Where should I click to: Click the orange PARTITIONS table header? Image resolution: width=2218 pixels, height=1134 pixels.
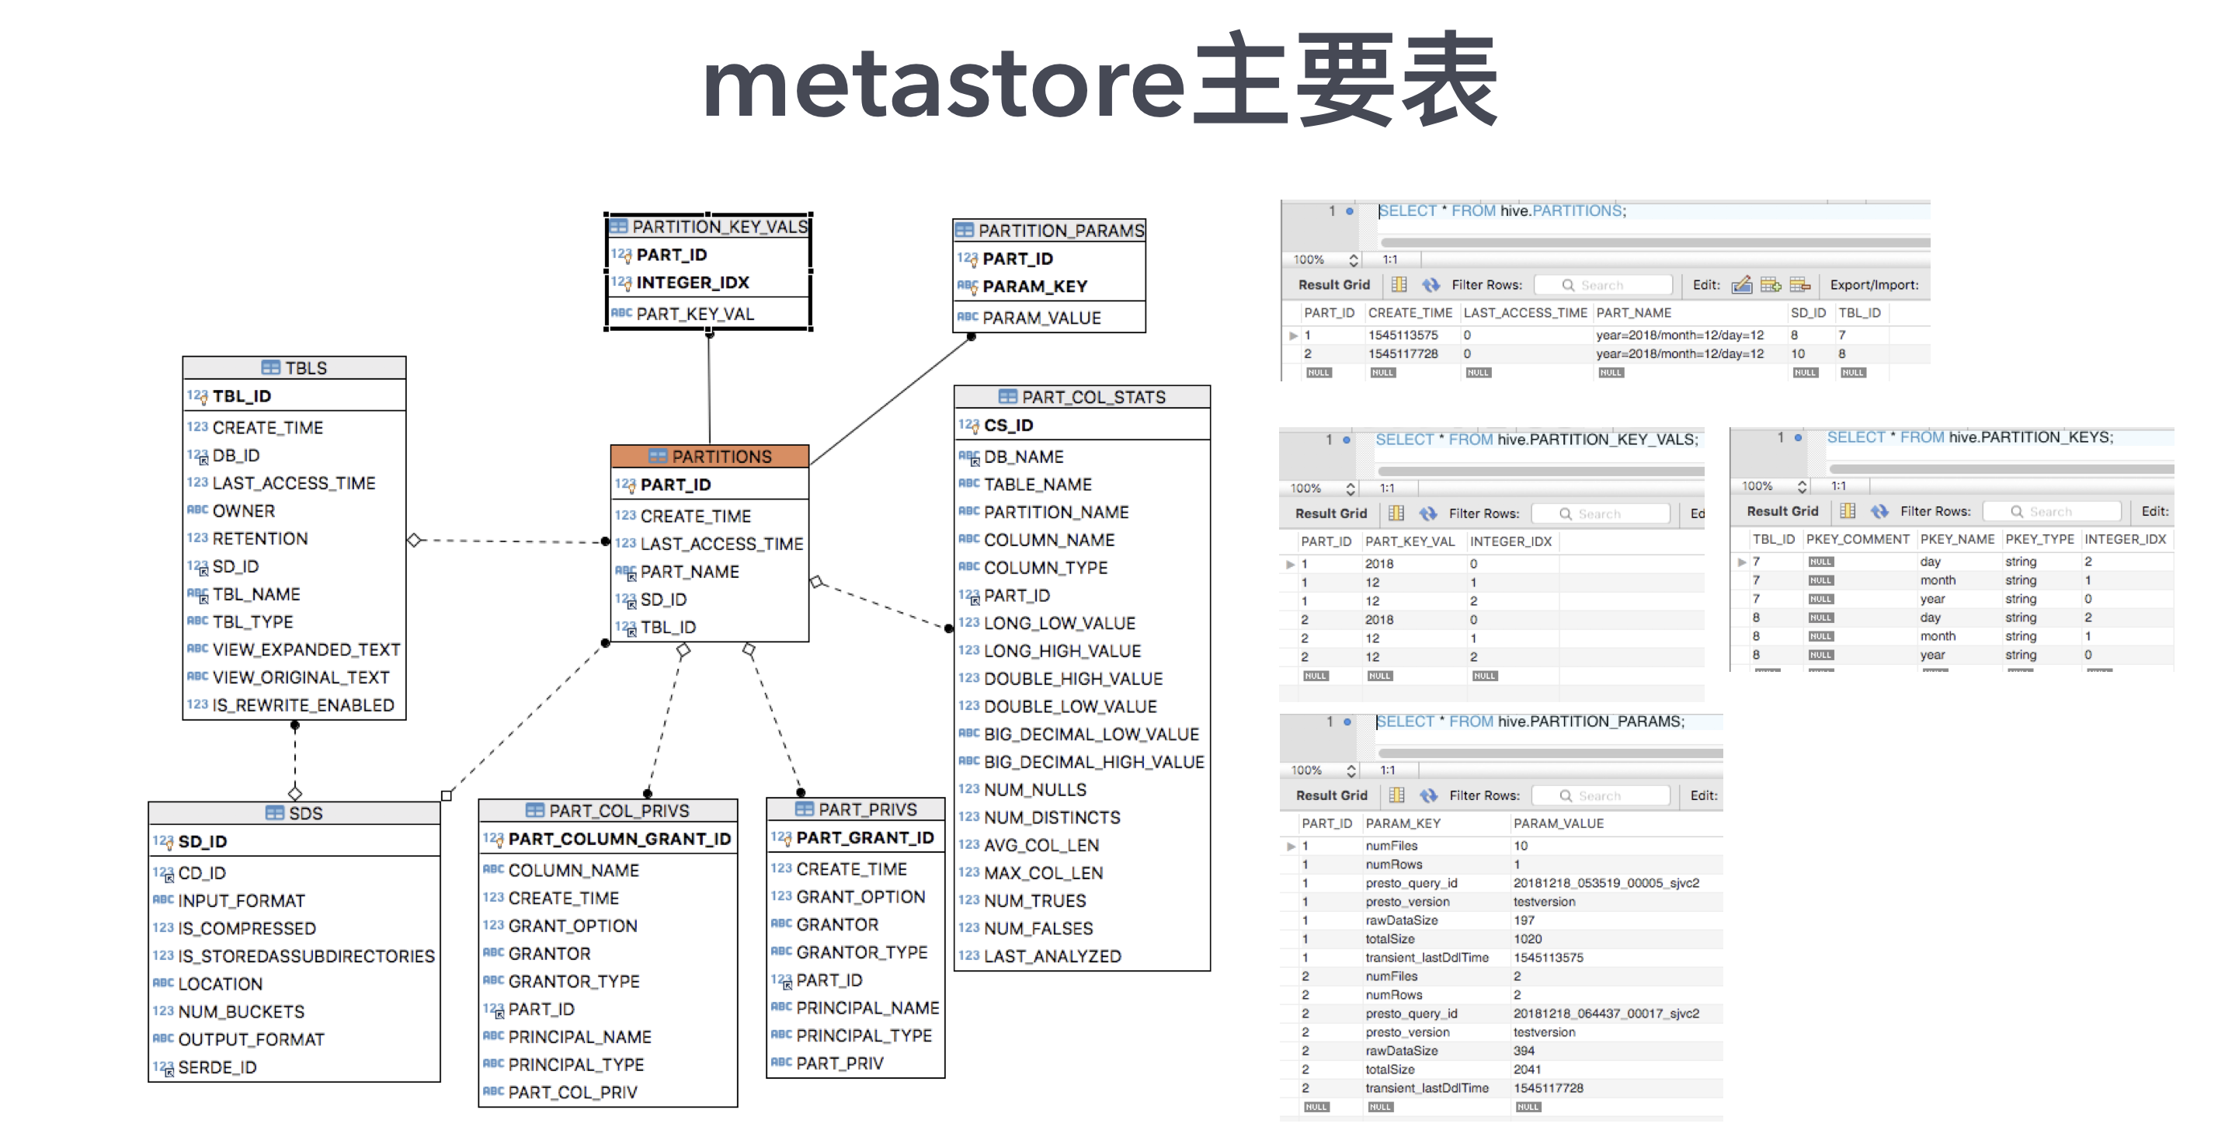pos(710,457)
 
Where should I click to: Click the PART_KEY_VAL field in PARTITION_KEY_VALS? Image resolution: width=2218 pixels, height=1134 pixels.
pos(695,315)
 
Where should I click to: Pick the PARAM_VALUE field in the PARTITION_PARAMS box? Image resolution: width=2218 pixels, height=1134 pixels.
pos(1041,318)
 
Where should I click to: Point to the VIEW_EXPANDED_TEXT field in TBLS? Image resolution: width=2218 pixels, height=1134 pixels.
pos(306,649)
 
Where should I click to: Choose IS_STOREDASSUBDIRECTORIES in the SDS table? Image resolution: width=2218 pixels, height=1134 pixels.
pos(306,956)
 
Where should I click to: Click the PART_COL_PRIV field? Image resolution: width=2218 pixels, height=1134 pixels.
pos(572,1092)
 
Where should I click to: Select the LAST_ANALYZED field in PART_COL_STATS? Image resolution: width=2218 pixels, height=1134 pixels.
pos(1052,956)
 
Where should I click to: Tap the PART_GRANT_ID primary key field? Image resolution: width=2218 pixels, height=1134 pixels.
pos(864,838)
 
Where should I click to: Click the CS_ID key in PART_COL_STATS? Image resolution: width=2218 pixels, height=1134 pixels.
pos(1008,426)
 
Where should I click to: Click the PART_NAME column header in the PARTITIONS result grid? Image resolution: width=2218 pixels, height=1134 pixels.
pos(1633,312)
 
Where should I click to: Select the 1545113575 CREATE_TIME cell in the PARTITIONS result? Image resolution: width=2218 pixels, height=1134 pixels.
pos(1403,335)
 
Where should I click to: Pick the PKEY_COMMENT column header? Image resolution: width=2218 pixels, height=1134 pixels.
pos(1857,539)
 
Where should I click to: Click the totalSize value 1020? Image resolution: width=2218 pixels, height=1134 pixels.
pos(1528,938)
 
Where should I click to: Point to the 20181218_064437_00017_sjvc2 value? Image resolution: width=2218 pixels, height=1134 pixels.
pos(1606,1014)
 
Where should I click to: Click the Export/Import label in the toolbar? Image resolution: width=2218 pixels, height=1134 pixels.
pos(1874,285)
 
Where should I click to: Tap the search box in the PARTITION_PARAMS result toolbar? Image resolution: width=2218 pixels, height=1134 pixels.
pos(1601,795)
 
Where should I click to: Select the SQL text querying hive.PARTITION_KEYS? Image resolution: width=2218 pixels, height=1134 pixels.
pos(1969,437)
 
